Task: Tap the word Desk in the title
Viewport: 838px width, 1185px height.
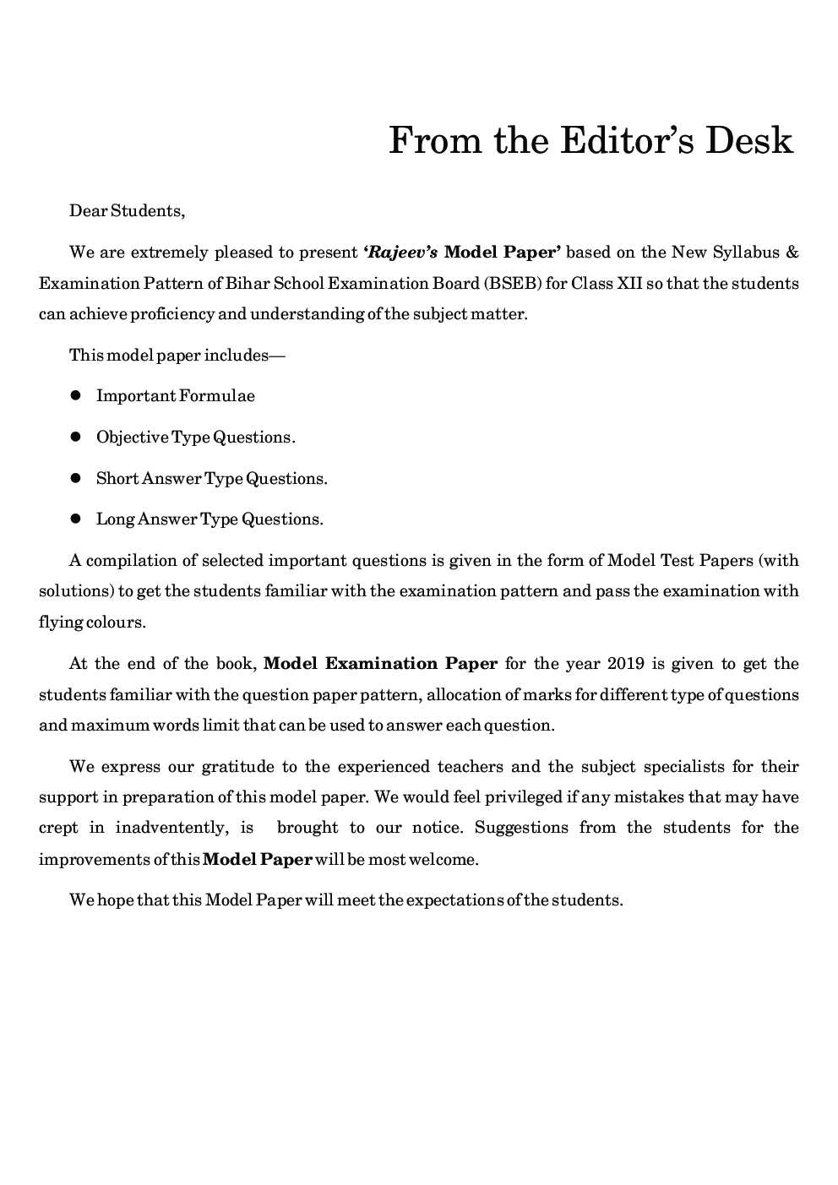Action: [750, 140]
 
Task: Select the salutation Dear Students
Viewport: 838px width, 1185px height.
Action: [127, 210]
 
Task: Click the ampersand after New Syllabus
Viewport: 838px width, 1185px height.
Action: [792, 252]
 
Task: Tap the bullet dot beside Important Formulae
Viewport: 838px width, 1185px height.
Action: [75, 395]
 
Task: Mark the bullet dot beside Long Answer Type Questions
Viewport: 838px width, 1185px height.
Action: [75, 519]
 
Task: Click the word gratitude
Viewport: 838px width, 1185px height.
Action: [237, 767]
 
